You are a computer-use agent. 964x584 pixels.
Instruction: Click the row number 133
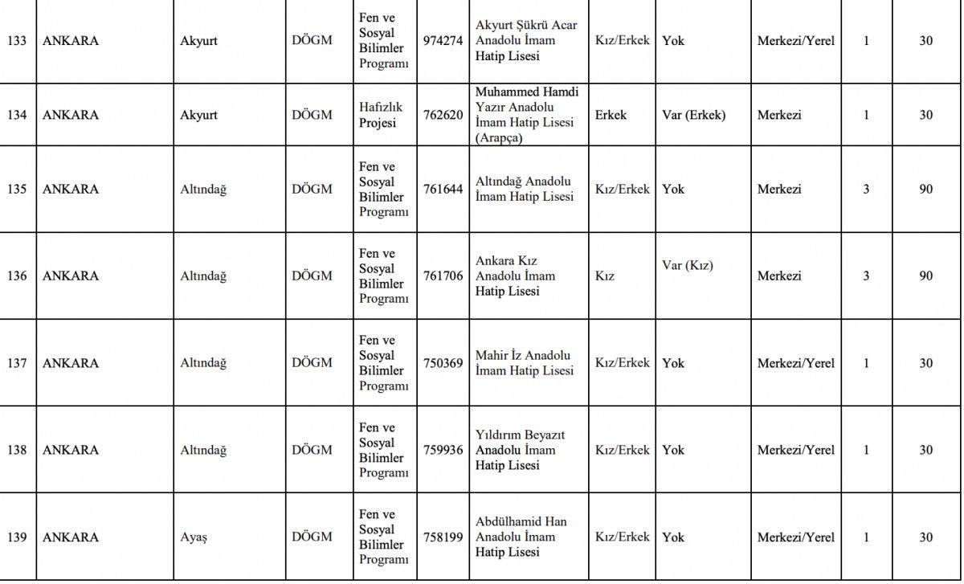tap(16, 41)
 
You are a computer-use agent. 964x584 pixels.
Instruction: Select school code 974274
tap(443, 41)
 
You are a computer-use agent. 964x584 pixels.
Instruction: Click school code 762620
tap(443, 115)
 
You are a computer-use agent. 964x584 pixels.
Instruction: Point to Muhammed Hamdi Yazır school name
tap(526, 115)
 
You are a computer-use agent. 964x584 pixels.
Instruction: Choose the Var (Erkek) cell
tap(693, 115)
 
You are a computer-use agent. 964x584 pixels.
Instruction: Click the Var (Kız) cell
tap(687, 266)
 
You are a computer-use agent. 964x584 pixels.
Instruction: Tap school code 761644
tap(443, 190)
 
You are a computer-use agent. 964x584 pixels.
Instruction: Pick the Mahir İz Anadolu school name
tap(524, 363)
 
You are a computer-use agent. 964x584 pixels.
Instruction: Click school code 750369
tap(443, 363)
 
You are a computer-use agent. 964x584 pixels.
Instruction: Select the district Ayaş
tap(194, 537)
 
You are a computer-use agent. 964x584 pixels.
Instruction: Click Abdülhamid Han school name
tap(521, 537)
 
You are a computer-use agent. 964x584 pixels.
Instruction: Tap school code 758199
tap(443, 537)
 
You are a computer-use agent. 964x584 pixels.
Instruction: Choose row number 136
tap(16, 276)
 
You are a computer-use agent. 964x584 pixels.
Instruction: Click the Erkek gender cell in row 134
tap(611, 115)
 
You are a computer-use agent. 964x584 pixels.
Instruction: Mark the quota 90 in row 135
tap(925, 190)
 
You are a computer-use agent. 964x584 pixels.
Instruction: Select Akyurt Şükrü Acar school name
tap(525, 41)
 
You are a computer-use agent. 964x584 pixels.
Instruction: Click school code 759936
tap(443, 450)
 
